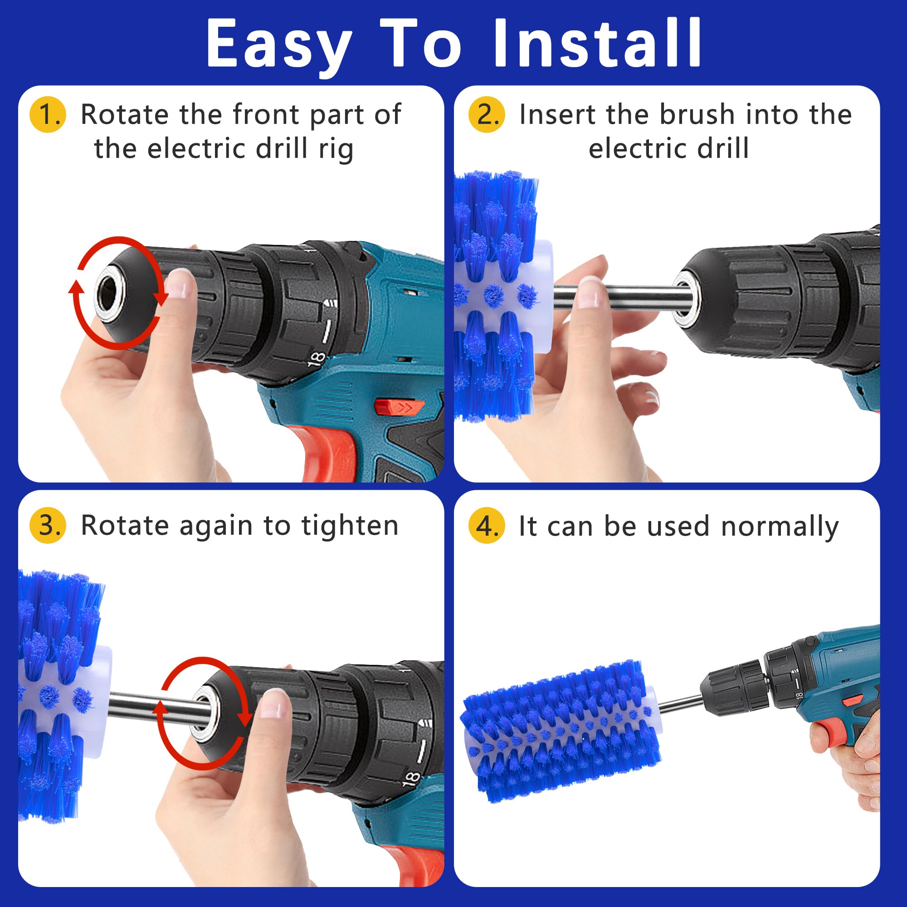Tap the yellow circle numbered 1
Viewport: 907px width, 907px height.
48,115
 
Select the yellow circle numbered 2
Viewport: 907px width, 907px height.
486,115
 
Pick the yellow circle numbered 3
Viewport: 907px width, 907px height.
48,525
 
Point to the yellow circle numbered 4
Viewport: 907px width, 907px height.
486,526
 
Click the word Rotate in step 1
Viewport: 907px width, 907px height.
124,114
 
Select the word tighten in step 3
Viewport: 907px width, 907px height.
350,525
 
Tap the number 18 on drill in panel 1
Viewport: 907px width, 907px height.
317,359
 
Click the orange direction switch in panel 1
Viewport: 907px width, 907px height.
399,406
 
